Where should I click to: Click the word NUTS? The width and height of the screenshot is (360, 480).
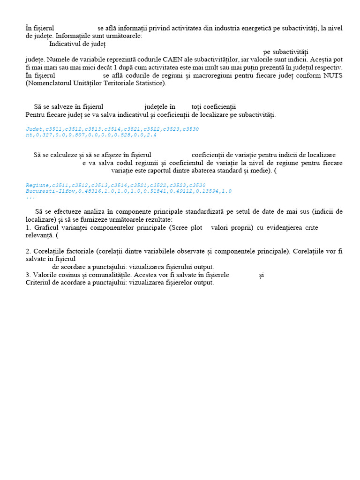(x=332, y=75)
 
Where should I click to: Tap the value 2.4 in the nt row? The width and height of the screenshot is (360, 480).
(x=152, y=135)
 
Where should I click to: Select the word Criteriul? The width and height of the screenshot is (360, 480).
(x=39, y=283)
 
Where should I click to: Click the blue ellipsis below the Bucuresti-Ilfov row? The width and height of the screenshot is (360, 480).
(x=29, y=197)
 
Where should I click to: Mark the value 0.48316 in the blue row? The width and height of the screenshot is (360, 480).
(x=88, y=191)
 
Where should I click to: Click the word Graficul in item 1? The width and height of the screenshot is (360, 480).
(x=45, y=228)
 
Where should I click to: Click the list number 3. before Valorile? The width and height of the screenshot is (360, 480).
(x=28, y=275)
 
